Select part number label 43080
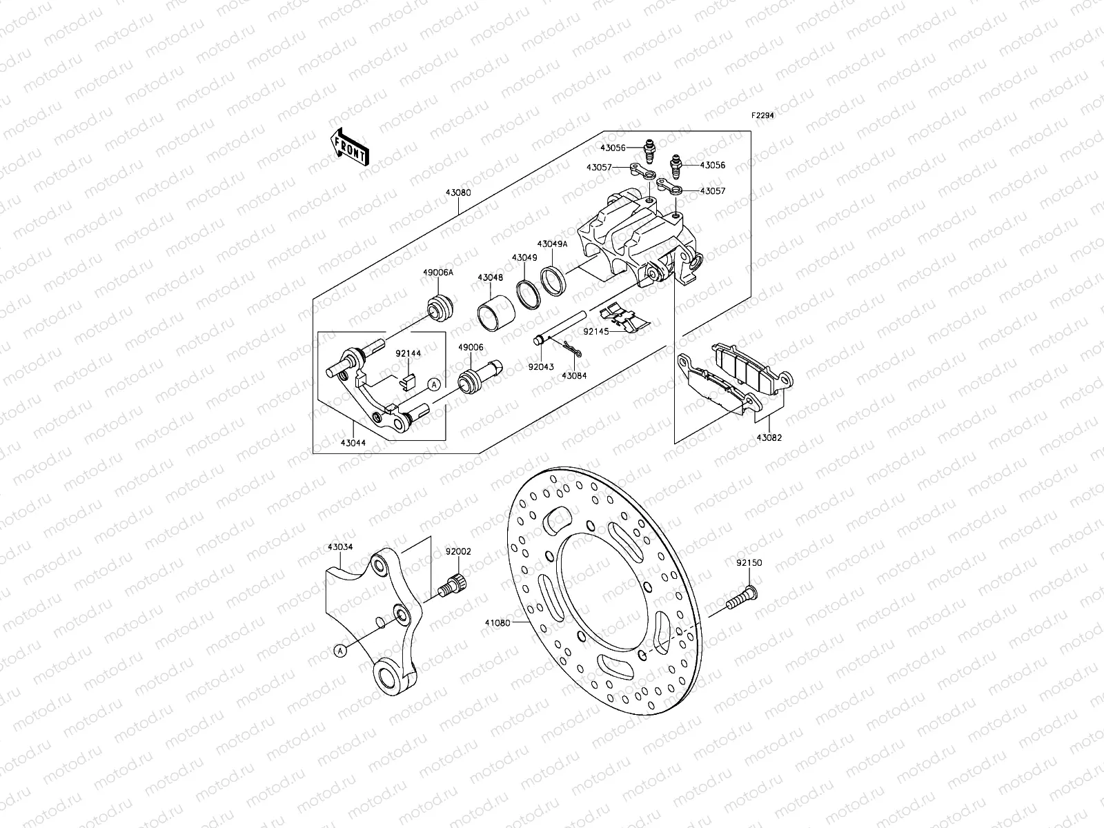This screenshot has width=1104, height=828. pos(457,193)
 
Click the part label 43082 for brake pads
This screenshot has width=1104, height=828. pos(770,437)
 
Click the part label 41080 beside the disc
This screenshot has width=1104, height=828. pos(497,623)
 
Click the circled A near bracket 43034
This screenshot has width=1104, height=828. pos(340,649)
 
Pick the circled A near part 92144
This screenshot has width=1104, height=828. pos(433,384)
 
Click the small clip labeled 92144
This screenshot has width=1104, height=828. pos(408,377)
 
